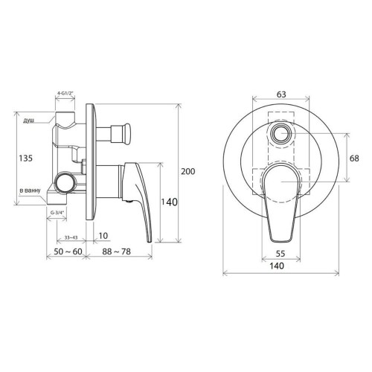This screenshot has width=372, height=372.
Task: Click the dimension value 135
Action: coord(26,158)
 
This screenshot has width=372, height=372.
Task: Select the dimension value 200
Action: coord(187,171)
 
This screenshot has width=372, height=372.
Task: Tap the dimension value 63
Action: coord(280,94)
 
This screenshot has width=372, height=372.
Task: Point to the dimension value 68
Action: coord(354,158)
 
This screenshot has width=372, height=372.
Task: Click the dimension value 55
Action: coord(280,254)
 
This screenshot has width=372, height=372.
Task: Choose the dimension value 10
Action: coord(103,236)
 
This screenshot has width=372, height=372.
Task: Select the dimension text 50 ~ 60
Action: coord(68,251)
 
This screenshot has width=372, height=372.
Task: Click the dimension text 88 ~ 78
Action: coord(117,251)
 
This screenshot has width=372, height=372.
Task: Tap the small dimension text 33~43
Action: coord(71,237)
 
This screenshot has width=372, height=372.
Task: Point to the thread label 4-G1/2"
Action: coord(65,93)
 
